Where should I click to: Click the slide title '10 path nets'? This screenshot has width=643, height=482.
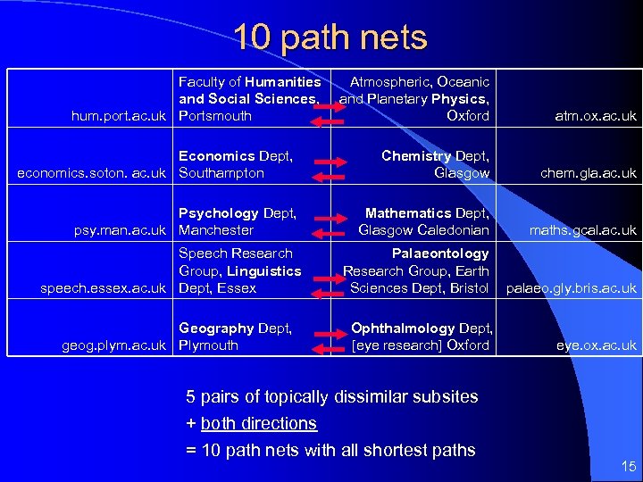[x=330, y=37]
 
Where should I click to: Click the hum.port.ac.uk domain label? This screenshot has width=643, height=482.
[x=118, y=116]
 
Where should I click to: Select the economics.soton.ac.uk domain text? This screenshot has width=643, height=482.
[x=92, y=173]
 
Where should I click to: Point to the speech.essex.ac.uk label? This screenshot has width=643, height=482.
[x=104, y=288]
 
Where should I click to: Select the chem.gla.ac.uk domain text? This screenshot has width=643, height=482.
[x=589, y=173]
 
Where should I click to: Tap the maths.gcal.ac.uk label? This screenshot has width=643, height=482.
[x=582, y=230]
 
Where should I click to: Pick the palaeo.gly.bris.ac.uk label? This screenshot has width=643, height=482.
[x=572, y=288]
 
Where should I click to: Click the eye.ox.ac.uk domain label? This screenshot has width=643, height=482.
[x=597, y=345]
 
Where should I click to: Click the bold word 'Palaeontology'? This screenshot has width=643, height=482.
[x=440, y=253]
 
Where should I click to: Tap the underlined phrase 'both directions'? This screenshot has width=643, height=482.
[x=258, y=423]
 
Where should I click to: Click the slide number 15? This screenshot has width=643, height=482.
[x=628, y=466]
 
